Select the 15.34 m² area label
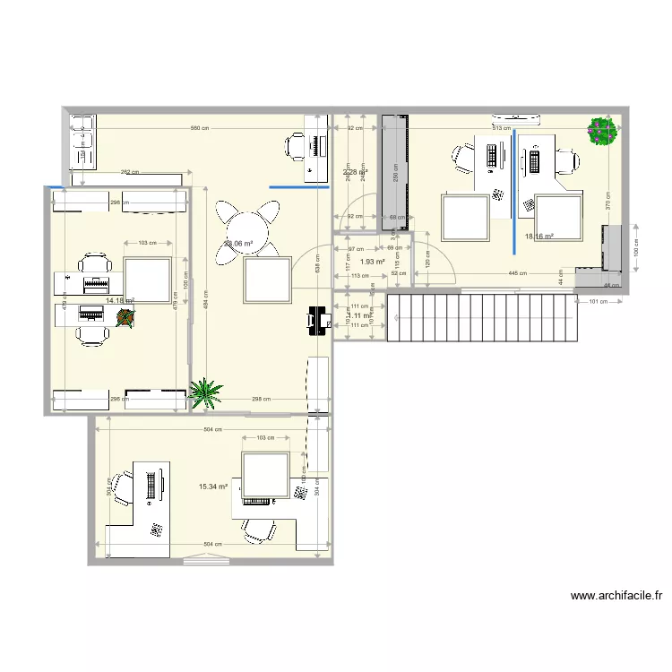(x=213, y=487)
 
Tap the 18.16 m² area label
(x=538, y=237)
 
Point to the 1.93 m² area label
(x=372, y=262)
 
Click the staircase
(x=481, y=318)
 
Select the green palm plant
(x=206, y=392)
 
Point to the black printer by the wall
(x=317, y=319)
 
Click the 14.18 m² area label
(x=119, y=301)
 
